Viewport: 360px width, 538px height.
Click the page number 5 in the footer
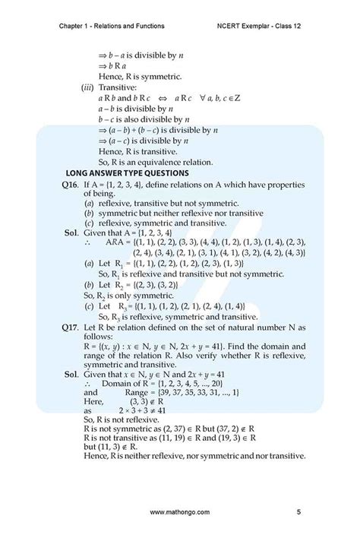pos(298,514)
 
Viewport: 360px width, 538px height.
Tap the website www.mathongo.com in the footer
pos(180,514)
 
